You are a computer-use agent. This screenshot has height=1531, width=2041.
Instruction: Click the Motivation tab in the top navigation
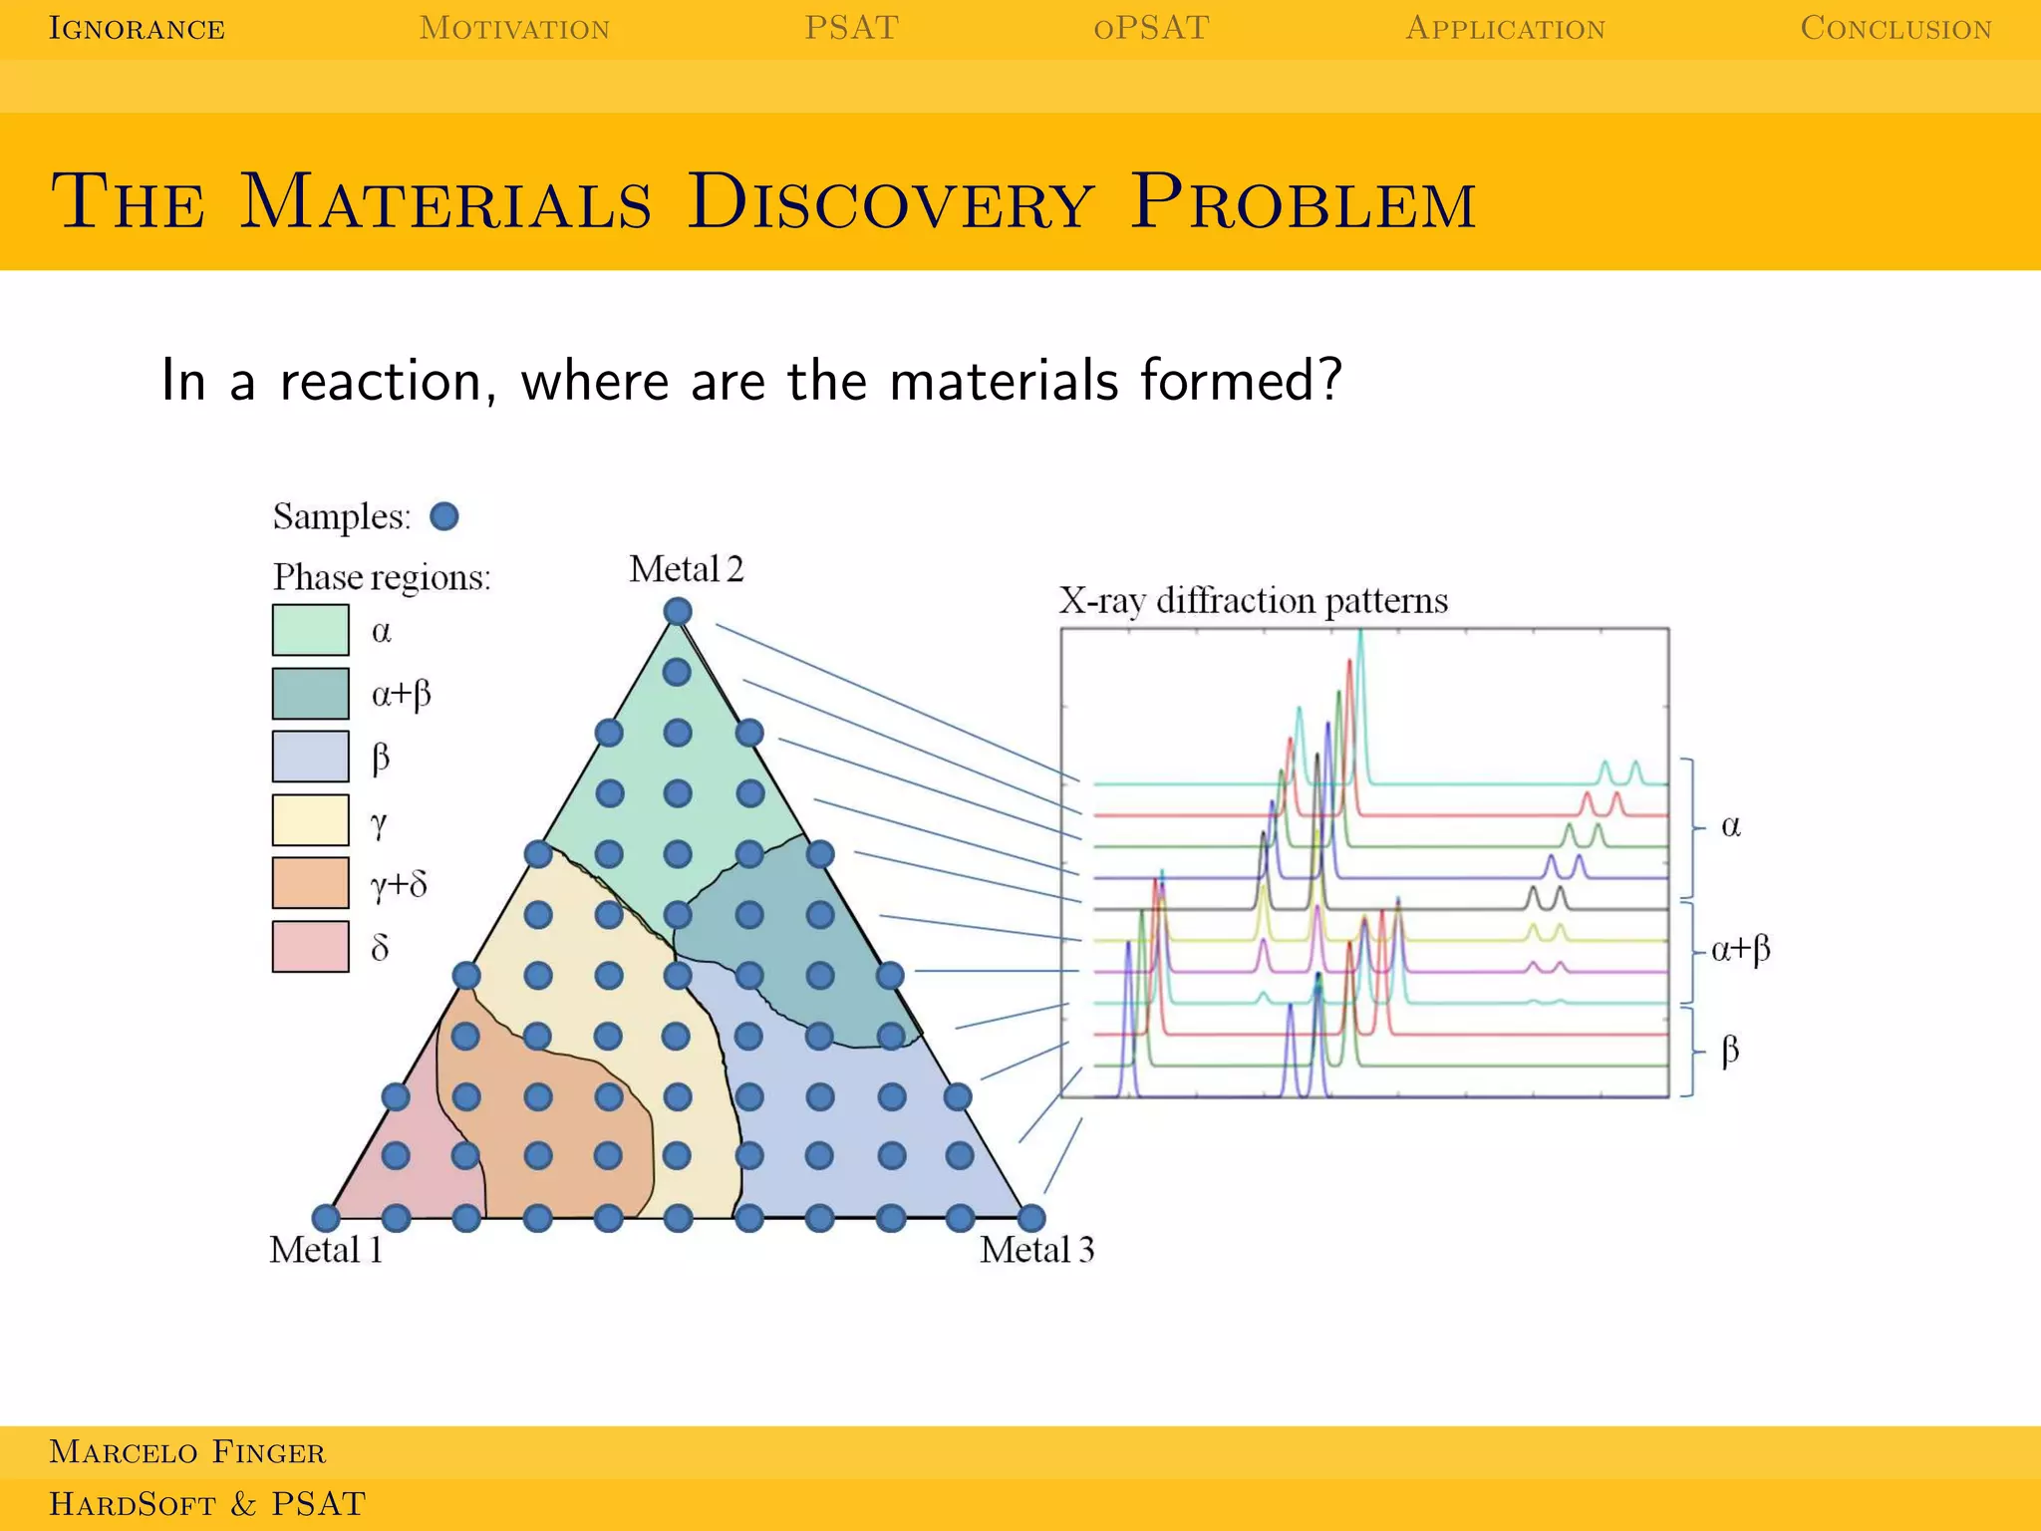click(x=514, y=28)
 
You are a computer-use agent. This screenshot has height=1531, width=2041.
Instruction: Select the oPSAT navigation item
click(x=1151, y=28)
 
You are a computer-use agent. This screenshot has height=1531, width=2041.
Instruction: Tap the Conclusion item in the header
click(x=1895, y=28)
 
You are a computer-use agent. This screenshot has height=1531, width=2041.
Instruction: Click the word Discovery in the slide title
click(x=890, y=202)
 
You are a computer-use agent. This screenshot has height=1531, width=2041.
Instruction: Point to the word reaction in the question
click(x=381, y=381)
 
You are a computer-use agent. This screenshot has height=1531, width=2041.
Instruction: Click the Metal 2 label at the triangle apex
click(x=686, y=569)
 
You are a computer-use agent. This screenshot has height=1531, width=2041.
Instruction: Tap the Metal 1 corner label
click(x=326, y=1250)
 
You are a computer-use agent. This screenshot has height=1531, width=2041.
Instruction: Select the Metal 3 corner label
click(x=1036, y=1250)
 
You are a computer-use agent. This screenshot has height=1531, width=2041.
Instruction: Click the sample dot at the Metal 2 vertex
click(x=678, y=611)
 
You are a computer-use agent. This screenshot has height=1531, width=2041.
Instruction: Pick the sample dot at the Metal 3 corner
click(x=1031, y=1217)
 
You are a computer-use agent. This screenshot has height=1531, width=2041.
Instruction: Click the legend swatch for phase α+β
click(x=311, y=694)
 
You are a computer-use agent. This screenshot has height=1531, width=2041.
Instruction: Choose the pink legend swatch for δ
click(x=311, y=946)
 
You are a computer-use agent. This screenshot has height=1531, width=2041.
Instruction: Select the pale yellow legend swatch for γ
click(x=311, y=820)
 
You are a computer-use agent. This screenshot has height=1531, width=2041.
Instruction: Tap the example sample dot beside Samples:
click(x=444, y=516)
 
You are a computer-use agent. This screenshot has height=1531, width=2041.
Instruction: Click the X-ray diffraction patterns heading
click(x=1253, y=601)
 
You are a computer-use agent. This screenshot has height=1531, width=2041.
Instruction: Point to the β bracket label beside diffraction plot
click(x=1730, y=1051)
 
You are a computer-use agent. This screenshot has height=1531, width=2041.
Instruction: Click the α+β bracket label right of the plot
click(x=1740, y=948)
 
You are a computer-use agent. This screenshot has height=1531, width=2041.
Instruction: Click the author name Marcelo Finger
click(x=187, y=1452)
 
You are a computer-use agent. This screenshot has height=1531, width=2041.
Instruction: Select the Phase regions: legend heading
click(x=382, y=577)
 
